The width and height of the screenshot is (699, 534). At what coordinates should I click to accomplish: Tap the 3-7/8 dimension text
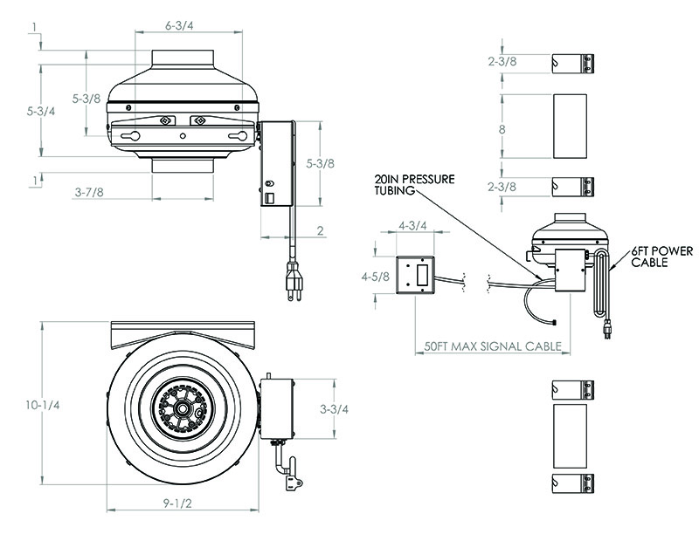[x=89, y=191]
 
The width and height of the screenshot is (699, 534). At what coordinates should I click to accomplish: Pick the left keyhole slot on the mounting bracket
[x=132, y=136]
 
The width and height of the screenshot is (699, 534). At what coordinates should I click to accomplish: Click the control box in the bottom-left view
[x=277, y=407]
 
